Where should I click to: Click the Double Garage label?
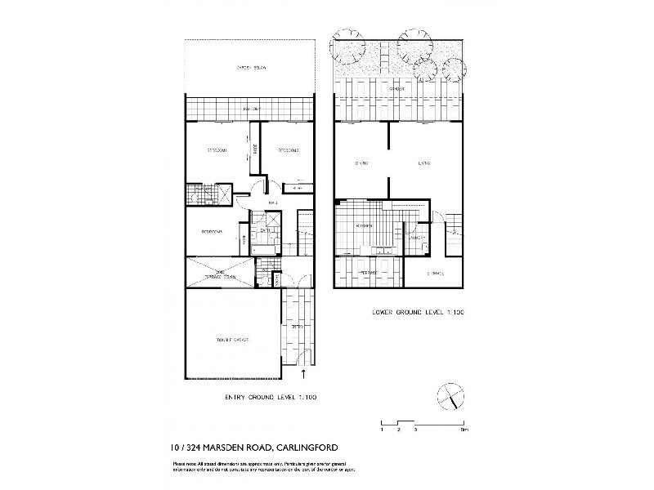pos(232,339)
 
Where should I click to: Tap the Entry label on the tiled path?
pos(298,327)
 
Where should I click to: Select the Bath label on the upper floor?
pos(265,231)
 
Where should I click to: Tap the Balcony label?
pos(250,109)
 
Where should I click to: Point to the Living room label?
pos(423,163)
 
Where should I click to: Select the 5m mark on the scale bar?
pos(464,429)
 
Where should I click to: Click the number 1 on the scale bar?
pos(382,429)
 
